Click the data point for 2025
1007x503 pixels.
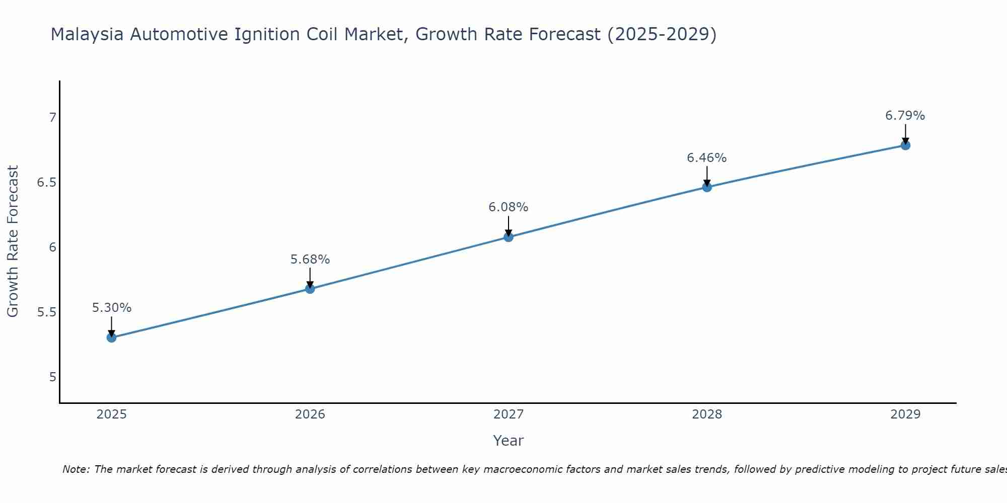coord(112,338)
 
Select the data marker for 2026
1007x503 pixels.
coord(310,289)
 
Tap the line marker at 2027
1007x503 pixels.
coord(509,237)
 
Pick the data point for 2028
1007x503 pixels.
coord(707,187)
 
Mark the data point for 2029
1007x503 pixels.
coord(905,145)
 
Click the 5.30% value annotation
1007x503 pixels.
coord(112,308)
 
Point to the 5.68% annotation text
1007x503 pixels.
coord(310,260)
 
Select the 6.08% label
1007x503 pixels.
coord(509,207)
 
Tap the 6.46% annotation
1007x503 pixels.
coord(707,158)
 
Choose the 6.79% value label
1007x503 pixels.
coord(905,116)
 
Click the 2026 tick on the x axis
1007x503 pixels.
coord(310,414)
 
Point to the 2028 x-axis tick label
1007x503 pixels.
coord(707,414)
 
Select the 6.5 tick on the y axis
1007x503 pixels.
coord(46,183)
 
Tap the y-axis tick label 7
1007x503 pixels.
coord(52,118)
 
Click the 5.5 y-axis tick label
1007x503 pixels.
coord(46,312)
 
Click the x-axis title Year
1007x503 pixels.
coord(509,441)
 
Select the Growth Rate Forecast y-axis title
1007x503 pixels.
coord(13,241)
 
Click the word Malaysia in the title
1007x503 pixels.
coord(87,34)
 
